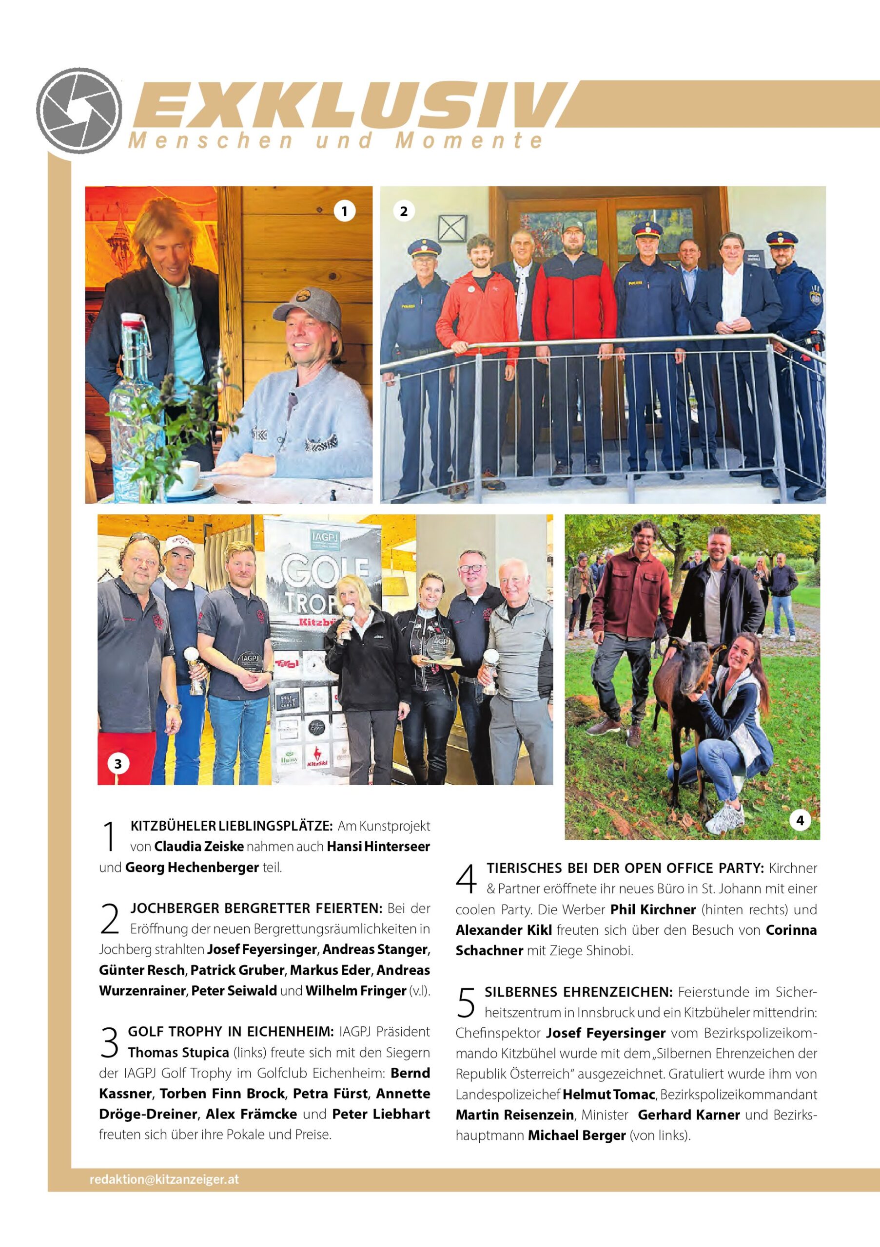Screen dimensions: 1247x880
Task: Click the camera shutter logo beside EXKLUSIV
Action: point(79,110)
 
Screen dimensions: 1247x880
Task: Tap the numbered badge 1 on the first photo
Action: point(344,211)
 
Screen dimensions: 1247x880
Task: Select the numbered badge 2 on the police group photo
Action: point(403,211)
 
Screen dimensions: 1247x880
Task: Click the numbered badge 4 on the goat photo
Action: point(800,821)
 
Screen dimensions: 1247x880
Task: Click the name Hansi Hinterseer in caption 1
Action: point(378,847)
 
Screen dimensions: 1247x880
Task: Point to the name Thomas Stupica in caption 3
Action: point(178,1053)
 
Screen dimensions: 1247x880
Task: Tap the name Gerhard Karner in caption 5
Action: point(689,1115)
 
